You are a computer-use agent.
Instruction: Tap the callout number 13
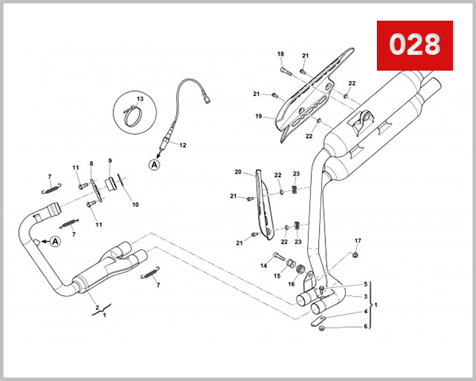tap(140, 98)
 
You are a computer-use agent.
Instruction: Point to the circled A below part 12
tap(153, 164)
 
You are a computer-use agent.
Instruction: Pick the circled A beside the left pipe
tap(56, 242)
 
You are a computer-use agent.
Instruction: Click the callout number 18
tap(280, 54)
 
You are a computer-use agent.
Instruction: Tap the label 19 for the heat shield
tap(259, 117)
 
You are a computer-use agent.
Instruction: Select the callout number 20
tap(237, 171)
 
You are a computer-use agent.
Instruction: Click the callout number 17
tap(357, 241)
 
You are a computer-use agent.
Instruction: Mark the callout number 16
tap(291, 283)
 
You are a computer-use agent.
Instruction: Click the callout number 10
tap(135, 204)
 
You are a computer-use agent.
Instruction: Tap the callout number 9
tap(109, 161)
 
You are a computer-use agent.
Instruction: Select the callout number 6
tap(365, 325)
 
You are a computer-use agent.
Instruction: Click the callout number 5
tap(365, 284)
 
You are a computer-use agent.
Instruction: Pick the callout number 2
tap(97, 307)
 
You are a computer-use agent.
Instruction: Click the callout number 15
tap(277, 275)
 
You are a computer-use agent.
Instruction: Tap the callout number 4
tap(365, 312)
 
